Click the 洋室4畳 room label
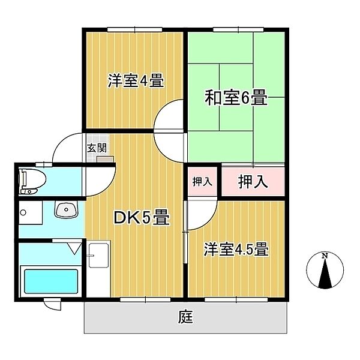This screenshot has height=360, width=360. tap(136, 81)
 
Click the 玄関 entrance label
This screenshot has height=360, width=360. tap(97, 148)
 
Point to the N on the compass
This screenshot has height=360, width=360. tap(325, 257)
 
